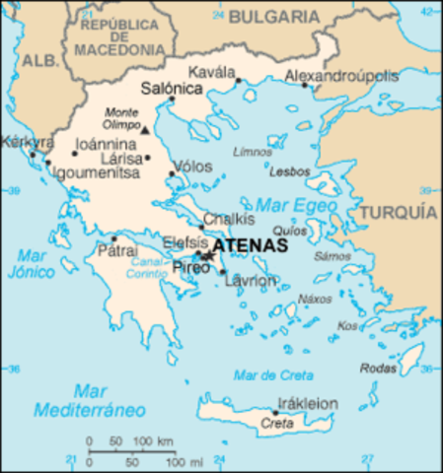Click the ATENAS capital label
tap(251, 245)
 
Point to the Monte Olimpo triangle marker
tap(145, 130)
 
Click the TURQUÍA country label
tap(399, 212)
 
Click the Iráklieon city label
tap(308, 403)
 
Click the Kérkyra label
tap(22, 141)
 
